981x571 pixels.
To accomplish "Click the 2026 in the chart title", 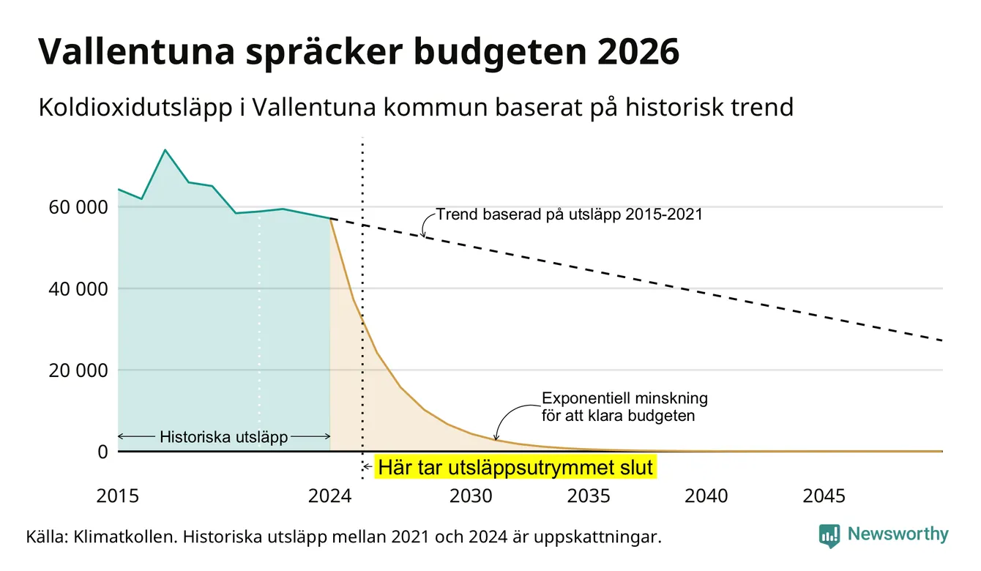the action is (638, 51).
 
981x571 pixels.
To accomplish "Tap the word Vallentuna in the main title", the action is (137, 51).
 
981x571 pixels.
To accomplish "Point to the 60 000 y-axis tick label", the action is (78, 207).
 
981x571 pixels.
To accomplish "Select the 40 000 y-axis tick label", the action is (78, 289).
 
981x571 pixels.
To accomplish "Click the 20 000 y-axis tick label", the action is (78, 370).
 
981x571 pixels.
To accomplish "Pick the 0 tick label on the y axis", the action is (102, 452).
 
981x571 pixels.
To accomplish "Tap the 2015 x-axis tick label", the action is (117, 496).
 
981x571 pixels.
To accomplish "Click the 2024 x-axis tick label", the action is (329, 496).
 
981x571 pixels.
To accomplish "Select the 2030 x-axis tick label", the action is (471, 496).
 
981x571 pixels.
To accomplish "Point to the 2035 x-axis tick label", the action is (589, 496).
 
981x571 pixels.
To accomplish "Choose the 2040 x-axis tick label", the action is (706, 496).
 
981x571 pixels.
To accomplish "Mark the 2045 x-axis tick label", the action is (824, 496).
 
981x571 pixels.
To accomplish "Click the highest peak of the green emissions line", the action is (165, 150).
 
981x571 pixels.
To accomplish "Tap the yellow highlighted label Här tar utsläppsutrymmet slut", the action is (515, 467).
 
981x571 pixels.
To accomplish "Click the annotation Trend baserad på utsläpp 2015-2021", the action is (569, 214).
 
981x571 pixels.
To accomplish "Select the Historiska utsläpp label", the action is (223, 436).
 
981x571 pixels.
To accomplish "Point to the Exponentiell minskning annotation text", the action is (624, 407).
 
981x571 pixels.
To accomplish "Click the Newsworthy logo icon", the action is (829, 536).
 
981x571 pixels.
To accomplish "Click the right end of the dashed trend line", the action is (942, 340).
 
